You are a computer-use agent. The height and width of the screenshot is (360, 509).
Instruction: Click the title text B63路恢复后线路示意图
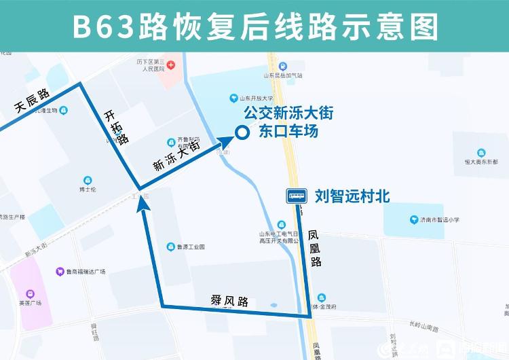tap(254, 26)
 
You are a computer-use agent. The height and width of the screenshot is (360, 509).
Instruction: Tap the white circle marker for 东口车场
tap(241, 133)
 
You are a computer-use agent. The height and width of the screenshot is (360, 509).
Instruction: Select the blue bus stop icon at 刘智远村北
tap(296, 196)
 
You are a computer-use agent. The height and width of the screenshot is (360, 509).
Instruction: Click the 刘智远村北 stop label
tap(352, 196)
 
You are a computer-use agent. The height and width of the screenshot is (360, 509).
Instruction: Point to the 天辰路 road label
tap(31, 100)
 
